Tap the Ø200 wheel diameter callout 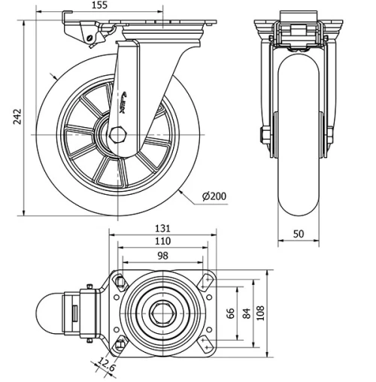tap(214, 197)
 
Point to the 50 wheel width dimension tap(299, 234)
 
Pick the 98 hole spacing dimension tap(162, 256)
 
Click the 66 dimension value tap(231, 312)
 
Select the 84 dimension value tap(245, 312)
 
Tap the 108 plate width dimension tap(260, 312)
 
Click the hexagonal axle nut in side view tap(119, 135)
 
